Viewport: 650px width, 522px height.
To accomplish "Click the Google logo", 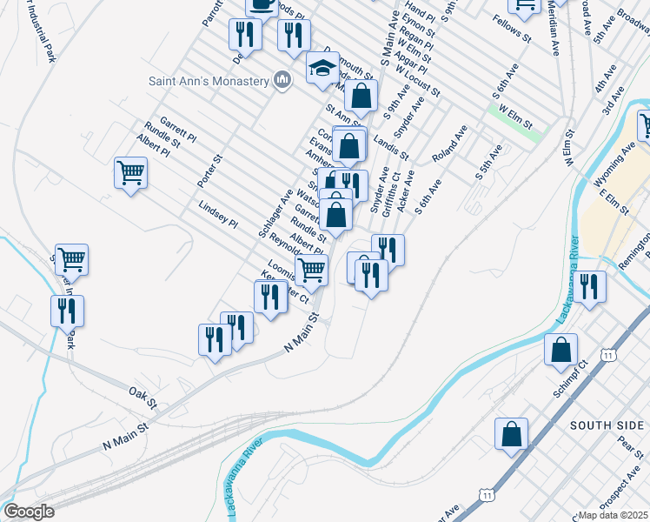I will coord(28,512).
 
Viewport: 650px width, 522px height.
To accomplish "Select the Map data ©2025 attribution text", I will coord(614,515).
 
